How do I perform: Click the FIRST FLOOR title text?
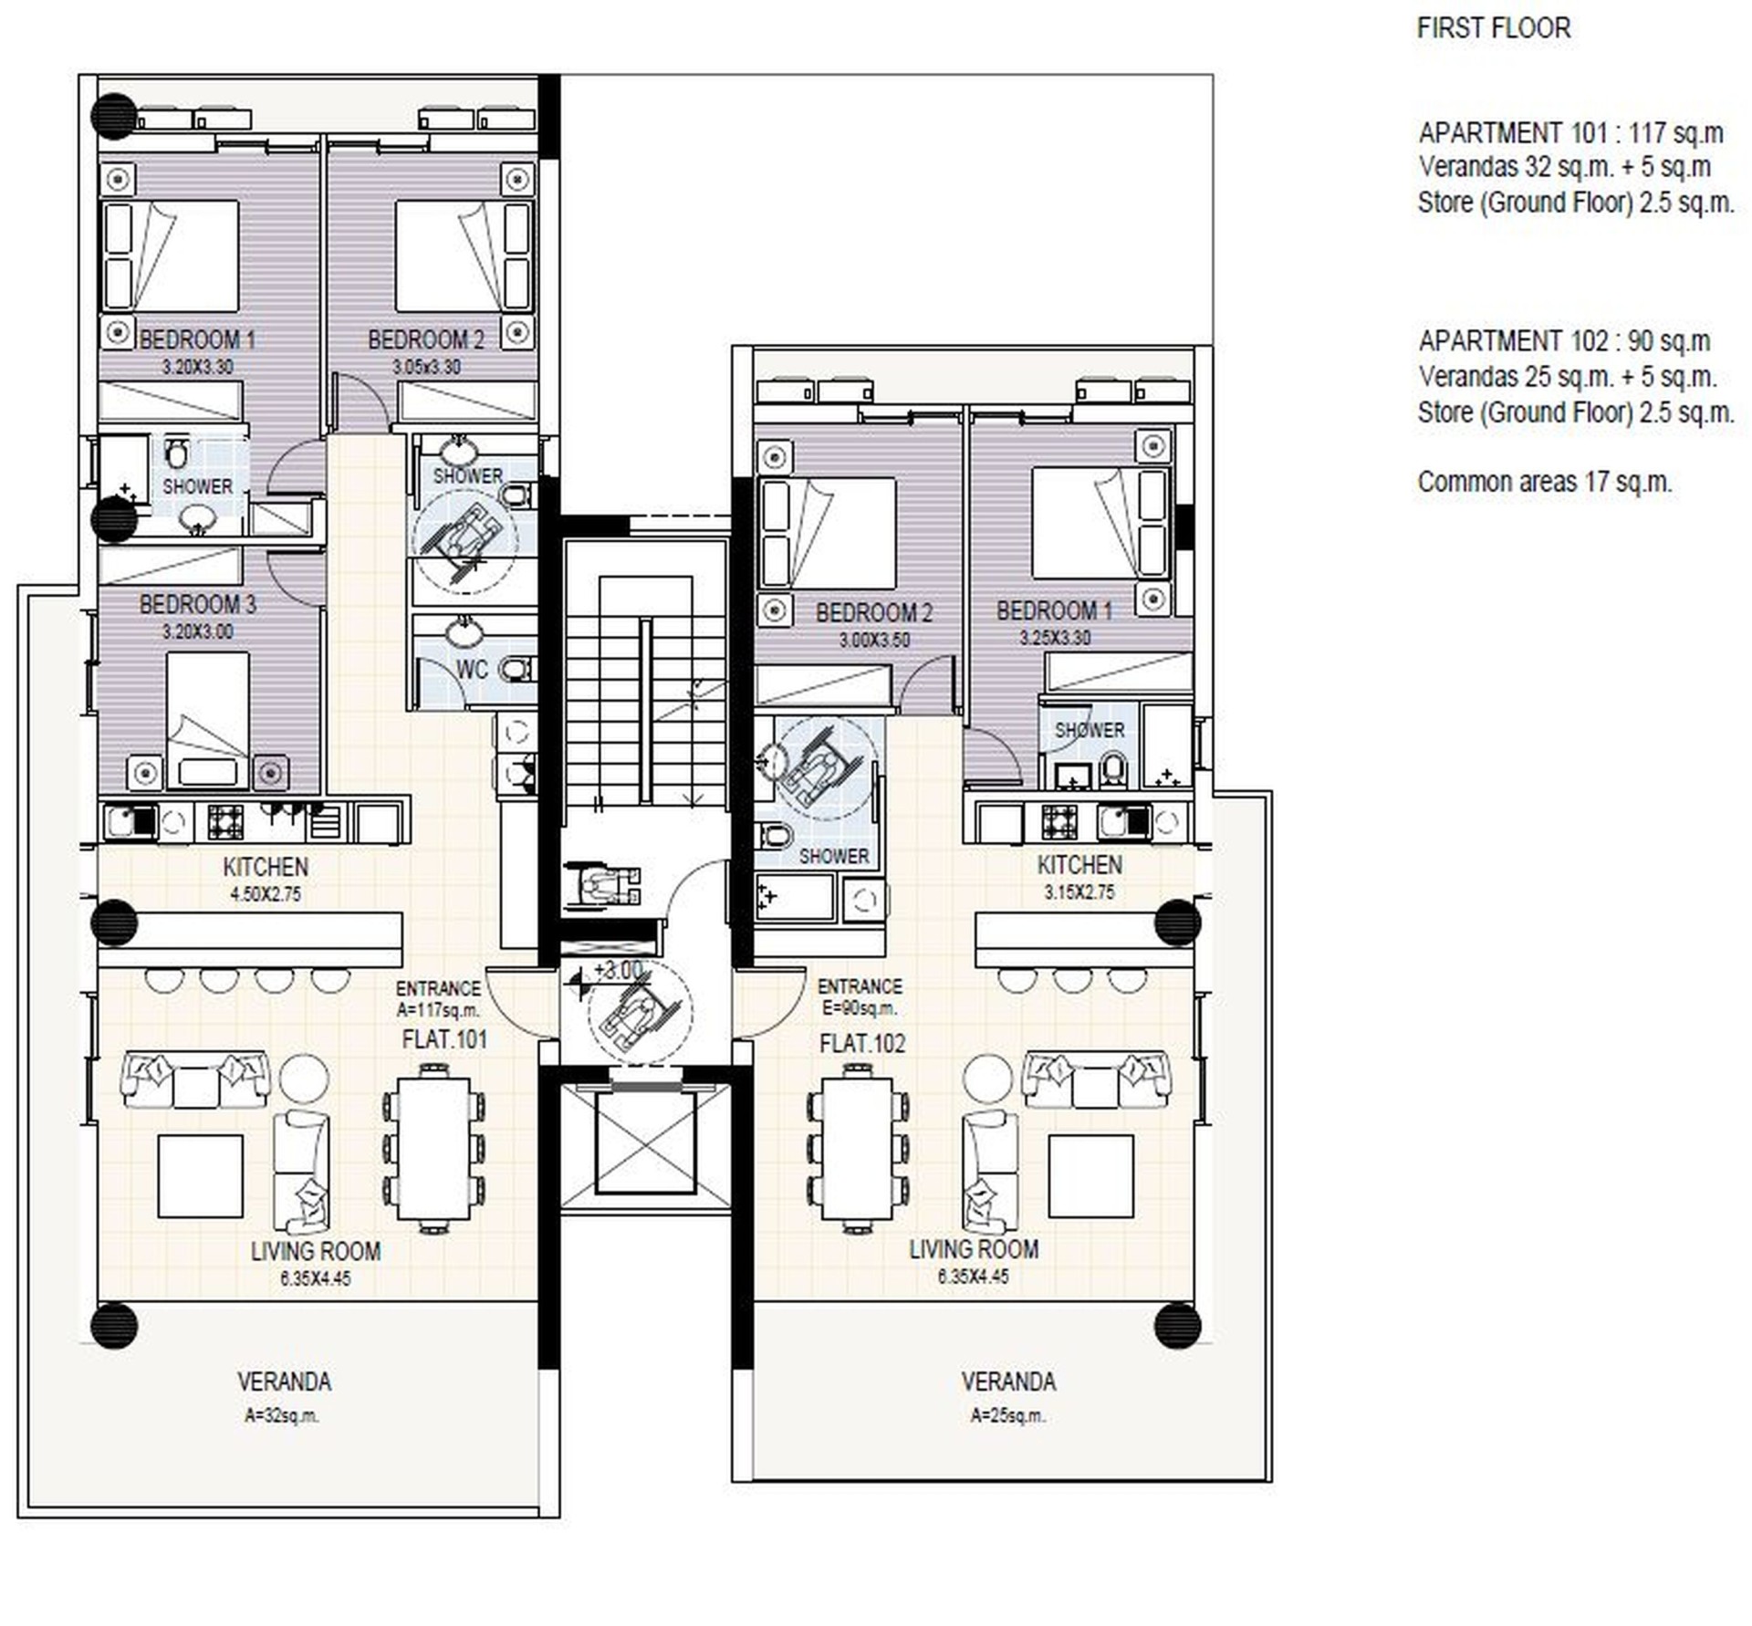point(1494,28)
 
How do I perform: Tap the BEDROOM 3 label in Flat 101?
point(197,604)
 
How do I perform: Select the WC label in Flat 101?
point(472,670)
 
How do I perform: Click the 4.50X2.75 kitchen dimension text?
point(266,894)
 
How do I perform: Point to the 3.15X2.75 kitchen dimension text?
point(1079,892)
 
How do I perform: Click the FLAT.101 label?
point(444,1039)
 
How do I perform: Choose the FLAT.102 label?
point(862,1043)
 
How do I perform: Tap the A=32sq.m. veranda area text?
point(282,1416)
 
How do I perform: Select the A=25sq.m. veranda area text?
point(1008,1416)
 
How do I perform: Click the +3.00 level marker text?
point(619,970)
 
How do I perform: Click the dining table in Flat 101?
point(433,1150)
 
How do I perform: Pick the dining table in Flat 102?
point(858,1150)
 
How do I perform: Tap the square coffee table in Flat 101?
point(201,1177)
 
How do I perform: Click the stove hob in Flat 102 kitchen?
point(1059,822)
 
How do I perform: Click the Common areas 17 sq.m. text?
point(1544,482)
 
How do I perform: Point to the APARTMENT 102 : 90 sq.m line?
point(1564,341)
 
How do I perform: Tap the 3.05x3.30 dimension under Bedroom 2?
point(426,367)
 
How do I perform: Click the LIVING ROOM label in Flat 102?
point(974,1249)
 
